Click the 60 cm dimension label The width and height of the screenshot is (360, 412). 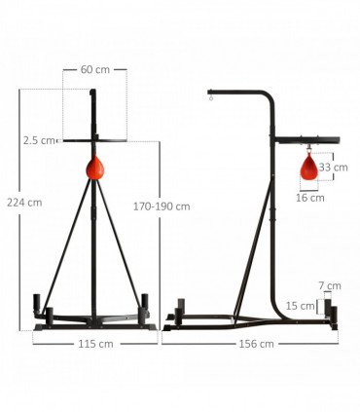(93, 70)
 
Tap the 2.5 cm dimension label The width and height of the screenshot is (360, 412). (40, 140)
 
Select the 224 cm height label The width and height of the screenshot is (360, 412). (23, 203)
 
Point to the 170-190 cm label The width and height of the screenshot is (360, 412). (161, 206)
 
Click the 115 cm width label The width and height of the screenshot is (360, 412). (93, 343)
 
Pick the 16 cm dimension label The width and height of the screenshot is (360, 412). (309, 197)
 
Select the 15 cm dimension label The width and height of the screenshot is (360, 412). (306, 306)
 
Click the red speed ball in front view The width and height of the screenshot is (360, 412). (94, 168)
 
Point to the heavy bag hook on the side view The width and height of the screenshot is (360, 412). (210, 95)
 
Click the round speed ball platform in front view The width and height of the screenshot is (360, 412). (94, 141)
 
